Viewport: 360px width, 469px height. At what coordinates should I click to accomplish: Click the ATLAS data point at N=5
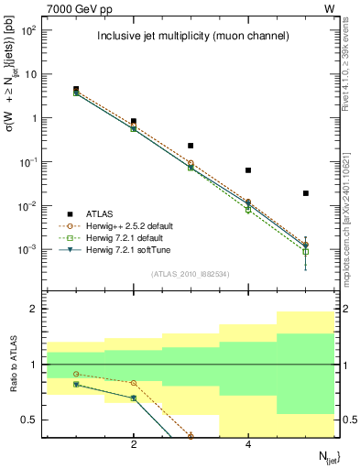point(306,193)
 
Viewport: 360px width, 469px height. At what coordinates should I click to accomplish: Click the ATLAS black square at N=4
point(248,170)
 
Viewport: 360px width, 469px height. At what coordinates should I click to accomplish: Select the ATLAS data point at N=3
point(191,146)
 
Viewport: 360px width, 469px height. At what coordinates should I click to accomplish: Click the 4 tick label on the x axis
point(248,445)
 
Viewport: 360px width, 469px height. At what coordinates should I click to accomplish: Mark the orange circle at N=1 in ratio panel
point(76,374)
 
